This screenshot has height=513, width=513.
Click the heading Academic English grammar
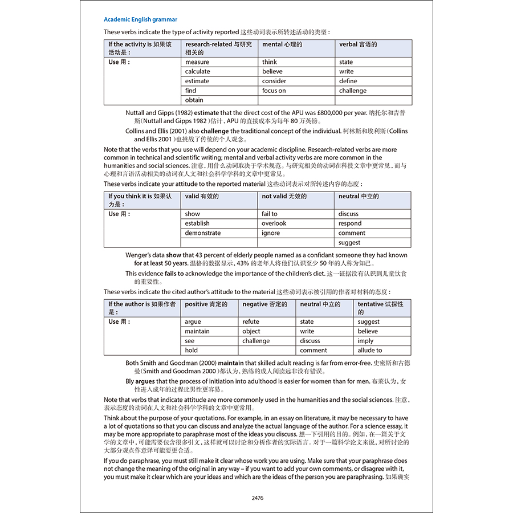140,19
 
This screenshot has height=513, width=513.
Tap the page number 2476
257,498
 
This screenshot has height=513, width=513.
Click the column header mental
282,44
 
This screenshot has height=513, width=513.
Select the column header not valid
284,196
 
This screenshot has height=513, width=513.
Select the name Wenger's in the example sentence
139,255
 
